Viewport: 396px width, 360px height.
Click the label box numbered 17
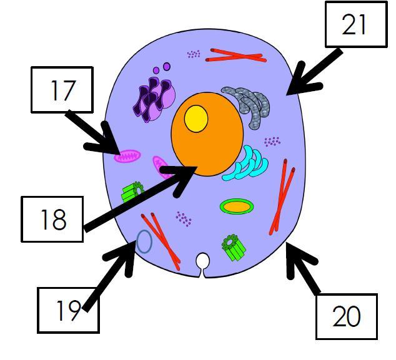[62, 90]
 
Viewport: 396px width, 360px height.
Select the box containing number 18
[52, 218]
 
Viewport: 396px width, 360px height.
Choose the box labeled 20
[346, 316]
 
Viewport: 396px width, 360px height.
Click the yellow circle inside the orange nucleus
[196, 118]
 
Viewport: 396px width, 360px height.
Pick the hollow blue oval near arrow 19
[144, 241]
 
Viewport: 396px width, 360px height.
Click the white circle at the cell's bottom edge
[203, 261]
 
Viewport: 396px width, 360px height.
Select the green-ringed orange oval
[237, 206]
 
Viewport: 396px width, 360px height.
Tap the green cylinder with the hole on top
[233, 246]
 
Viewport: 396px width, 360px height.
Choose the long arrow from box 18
[144, 197]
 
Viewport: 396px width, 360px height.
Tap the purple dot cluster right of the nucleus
[272, 142]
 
